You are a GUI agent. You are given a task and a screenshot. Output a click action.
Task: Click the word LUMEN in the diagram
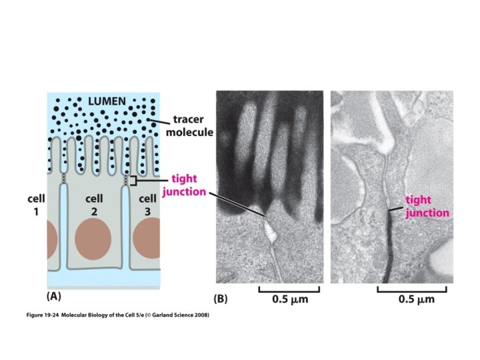point(109,101)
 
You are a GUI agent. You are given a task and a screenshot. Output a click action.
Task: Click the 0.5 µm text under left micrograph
point(291,299)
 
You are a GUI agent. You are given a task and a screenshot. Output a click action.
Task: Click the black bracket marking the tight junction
point(133,181)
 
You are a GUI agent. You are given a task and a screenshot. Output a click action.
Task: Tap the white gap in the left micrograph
point(269,231)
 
